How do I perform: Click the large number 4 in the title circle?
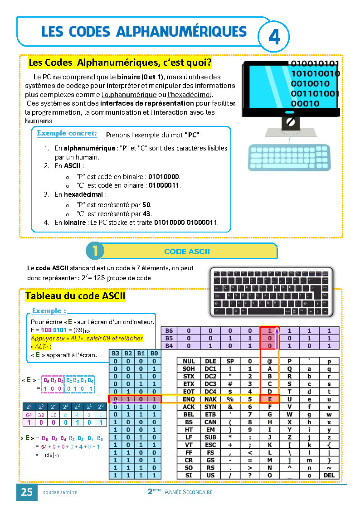pyautogui.click(x=274, y=37)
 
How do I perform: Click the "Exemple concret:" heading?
pyautogui.click(x=67, y=133)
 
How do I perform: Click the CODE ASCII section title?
pyautogui.click(x=187, y=252)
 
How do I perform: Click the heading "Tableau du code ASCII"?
pyautogui.click(x=75, y=296)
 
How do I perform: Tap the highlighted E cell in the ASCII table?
pyautogui.click(x=269, y=399)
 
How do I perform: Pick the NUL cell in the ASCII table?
pyautogui.click(x=189, y=361)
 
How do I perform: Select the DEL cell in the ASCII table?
pyautogui.click(x=329, y=475)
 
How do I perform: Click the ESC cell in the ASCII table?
pyautogui.click(x=210, y=445)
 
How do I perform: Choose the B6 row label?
pyautogui.click(x=169, y=331)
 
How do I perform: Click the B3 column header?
pyautogui.click(x=116, y=354)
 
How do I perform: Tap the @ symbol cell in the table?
pyautogui.click(x=269, y=361)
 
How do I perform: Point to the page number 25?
pyautogui.click(x=27, y=492)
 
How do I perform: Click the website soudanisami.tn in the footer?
pyautogui.click(x=60, y=493)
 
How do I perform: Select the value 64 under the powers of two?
pyautogui.click(x=29, y=414)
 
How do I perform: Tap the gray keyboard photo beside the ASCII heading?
pyautogui.click(x=271, y=292)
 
